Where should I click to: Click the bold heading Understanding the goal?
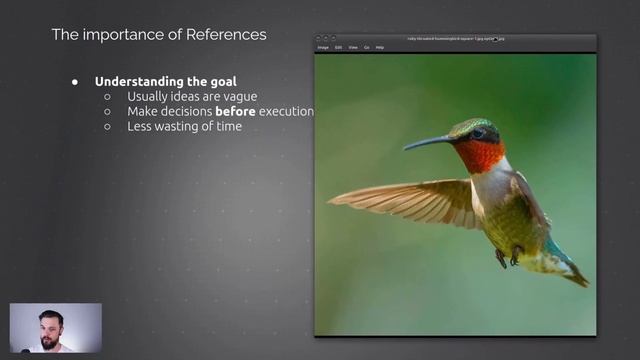point(166,81)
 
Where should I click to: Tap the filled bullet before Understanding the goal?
point(75,81)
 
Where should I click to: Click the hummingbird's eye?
point(478,132)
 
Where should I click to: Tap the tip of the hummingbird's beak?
point(406,148)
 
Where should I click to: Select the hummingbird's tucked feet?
point(508,257)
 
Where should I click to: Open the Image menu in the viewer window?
point(323,47)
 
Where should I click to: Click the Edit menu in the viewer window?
point(339,47)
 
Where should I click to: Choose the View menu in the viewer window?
point(353,47)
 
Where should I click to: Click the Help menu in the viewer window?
point(380,47)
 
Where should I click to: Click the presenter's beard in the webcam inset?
point(50,340)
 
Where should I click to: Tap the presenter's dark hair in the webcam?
point(50,315)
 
